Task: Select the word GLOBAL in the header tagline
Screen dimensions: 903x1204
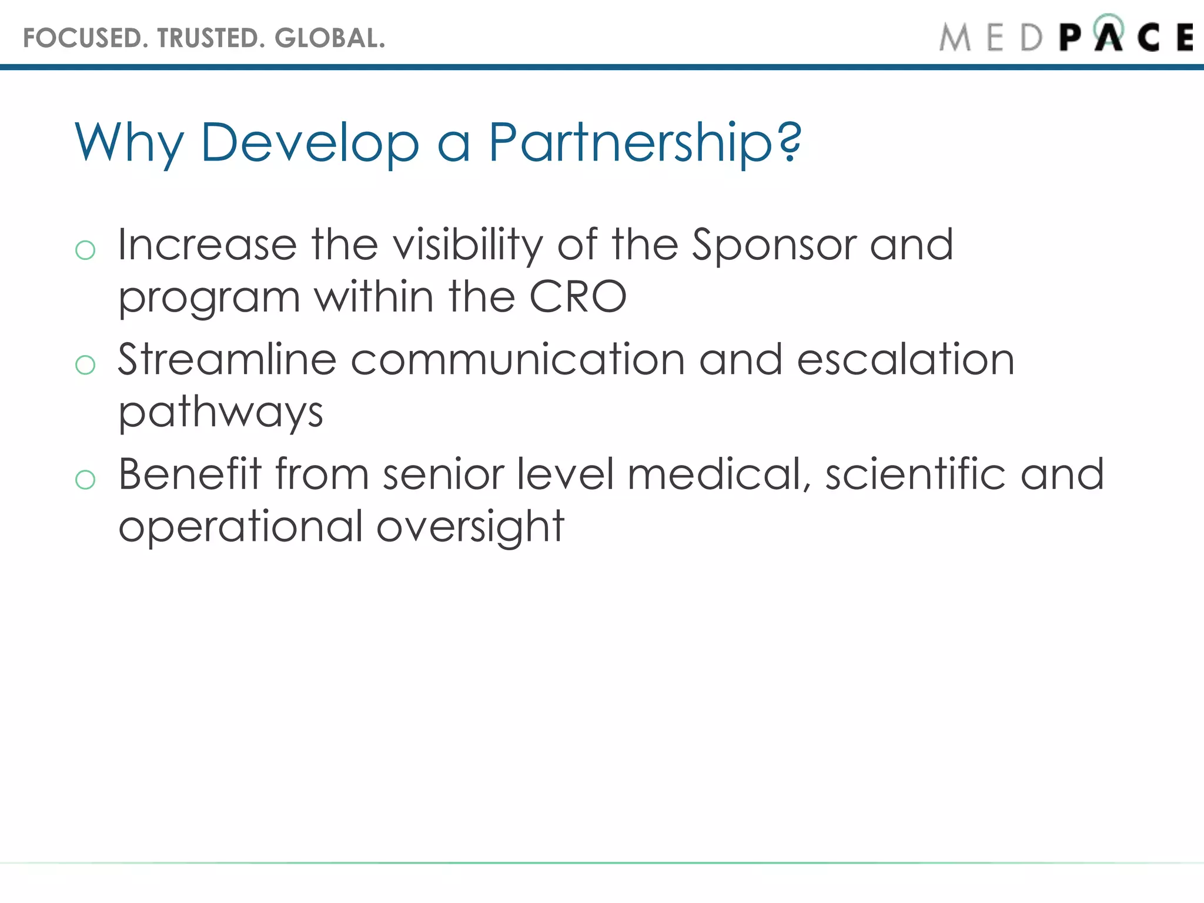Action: [x=329, y=38]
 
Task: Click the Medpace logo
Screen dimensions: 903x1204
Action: [x=1065, y=36]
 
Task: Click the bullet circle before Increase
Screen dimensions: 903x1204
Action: [x=85, y=250]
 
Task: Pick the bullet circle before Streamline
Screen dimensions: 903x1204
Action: [x=85, y=365]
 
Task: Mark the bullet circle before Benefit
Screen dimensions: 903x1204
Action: [x=85, y=480]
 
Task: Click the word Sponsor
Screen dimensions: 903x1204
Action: [x=773, y=245]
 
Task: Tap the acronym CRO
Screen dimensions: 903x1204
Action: [x=578, y=296]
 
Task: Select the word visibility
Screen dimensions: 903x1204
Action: [x=468, y=245]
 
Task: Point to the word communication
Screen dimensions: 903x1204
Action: [x=518, y=359]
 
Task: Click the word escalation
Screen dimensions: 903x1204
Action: [x=905, y=359]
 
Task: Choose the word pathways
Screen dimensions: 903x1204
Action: [x=221, y=412]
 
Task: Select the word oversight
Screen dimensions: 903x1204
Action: [x=470, y=526]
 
